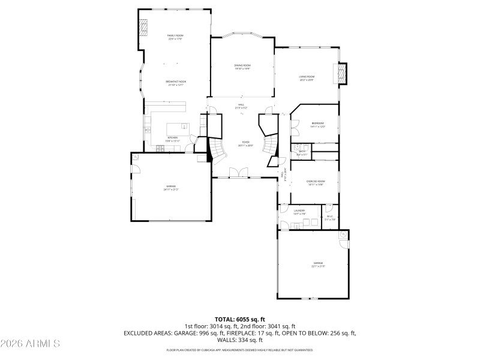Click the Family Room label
(175, 37)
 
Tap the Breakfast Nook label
(176, 82)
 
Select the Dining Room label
(242, 66)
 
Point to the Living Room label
(307, 77)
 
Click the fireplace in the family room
(144, 27)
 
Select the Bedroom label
(317, 124)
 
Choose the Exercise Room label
(316, 182)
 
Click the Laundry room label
(299, 211)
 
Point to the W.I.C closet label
(329, 218)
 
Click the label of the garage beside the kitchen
(172, 187)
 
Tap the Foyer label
(246, 144)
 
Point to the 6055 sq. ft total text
(240, 319)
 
